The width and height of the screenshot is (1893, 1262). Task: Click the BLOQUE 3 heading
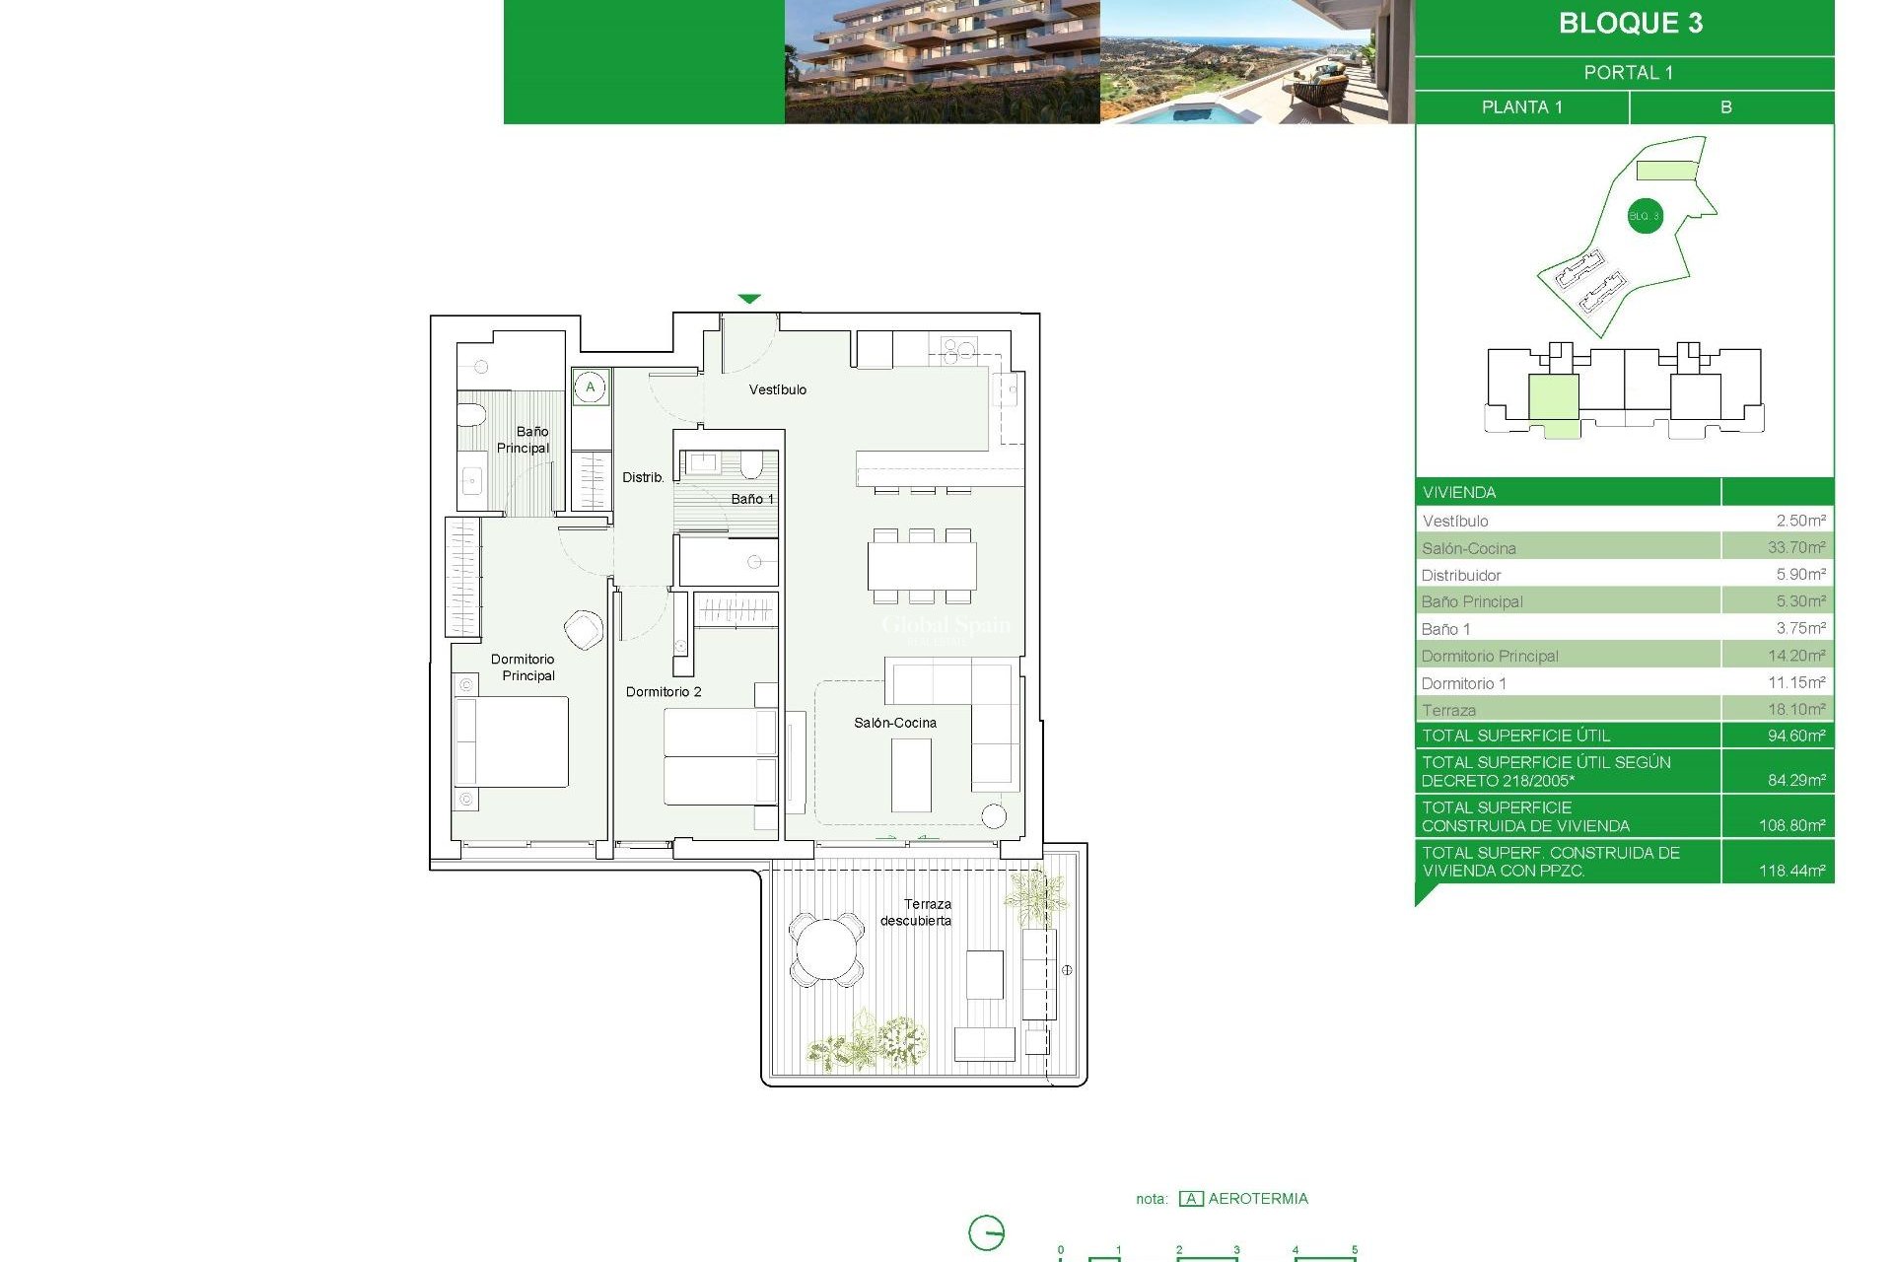[1630, 24]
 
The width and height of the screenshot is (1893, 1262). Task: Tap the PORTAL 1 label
[1628, 73]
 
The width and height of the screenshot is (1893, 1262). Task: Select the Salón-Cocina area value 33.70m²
[1795, 547]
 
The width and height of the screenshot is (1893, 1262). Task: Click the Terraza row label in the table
[1448, 710]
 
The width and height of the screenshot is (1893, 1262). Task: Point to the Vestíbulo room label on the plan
[777, 390]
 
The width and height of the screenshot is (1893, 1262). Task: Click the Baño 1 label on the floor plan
[751, 499]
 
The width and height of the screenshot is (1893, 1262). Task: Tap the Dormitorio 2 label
[664, 692]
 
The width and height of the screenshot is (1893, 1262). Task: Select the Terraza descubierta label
[917, 912]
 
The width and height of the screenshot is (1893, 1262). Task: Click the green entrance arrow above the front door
[749, 299]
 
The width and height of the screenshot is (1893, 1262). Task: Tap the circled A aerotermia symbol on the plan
[591, 386]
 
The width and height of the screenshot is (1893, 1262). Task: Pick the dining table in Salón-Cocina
[922, 566]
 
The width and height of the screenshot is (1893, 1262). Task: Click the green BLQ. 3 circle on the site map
[1644, 216]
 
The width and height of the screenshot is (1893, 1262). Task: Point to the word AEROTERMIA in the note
[1258, 1199]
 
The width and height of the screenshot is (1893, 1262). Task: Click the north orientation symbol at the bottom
[986, 1232]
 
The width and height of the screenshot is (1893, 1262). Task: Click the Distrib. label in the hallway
[643, 477]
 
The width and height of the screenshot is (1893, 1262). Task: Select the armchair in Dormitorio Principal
[584, 629]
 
